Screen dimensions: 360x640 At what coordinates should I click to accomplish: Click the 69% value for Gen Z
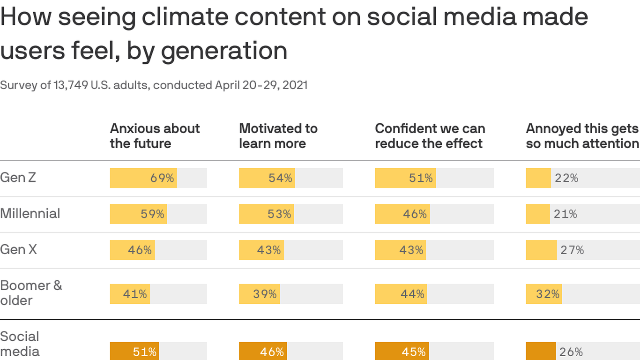pyautogui.click(x=162, y=178)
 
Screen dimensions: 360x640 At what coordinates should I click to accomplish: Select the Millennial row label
pyautogui.click(x=30, y=214)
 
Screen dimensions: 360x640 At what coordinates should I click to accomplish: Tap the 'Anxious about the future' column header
pyautogui.click(x=155, y=136)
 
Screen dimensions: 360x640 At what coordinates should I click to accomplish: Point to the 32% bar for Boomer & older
pyautogui.click(x=543, y=294)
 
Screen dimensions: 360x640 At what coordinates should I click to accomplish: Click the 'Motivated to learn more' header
pyautogui.click(x=278, y=136)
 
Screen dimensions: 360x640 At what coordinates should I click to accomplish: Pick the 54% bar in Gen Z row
pyautogui.click(x=267, y=178)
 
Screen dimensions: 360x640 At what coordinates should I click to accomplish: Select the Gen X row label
pyautogui.click(x=19, y=250)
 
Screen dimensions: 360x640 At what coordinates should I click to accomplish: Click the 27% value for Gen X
pyautogui.click(x=572, y=250)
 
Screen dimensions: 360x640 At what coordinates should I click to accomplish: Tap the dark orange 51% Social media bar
pyautogui.click(x=134, y=352)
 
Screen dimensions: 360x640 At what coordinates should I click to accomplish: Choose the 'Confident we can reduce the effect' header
pyautogui.click(x=430, y=136)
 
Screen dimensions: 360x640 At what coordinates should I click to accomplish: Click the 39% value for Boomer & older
pyautogui.click(x=265, y=294)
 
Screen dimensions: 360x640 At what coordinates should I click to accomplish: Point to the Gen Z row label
pyautogui.click(x=18, y=178)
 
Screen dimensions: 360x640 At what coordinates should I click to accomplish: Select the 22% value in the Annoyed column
pyautogui.click(x=566, y=178)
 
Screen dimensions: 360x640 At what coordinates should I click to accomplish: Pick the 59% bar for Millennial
pyautogui.click(x=138, y=214)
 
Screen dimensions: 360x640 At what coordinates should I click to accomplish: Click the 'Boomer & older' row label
pyautogui.click(x=31, y=293)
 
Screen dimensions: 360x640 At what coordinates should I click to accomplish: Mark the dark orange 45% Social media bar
pyautogui.click(x=402, y=352)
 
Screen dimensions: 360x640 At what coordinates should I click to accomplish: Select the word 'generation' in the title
pyautogui.click(x=224, y=51)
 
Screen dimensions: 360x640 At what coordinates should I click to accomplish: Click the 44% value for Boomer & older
pyautogui.click(x=412, y=294)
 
